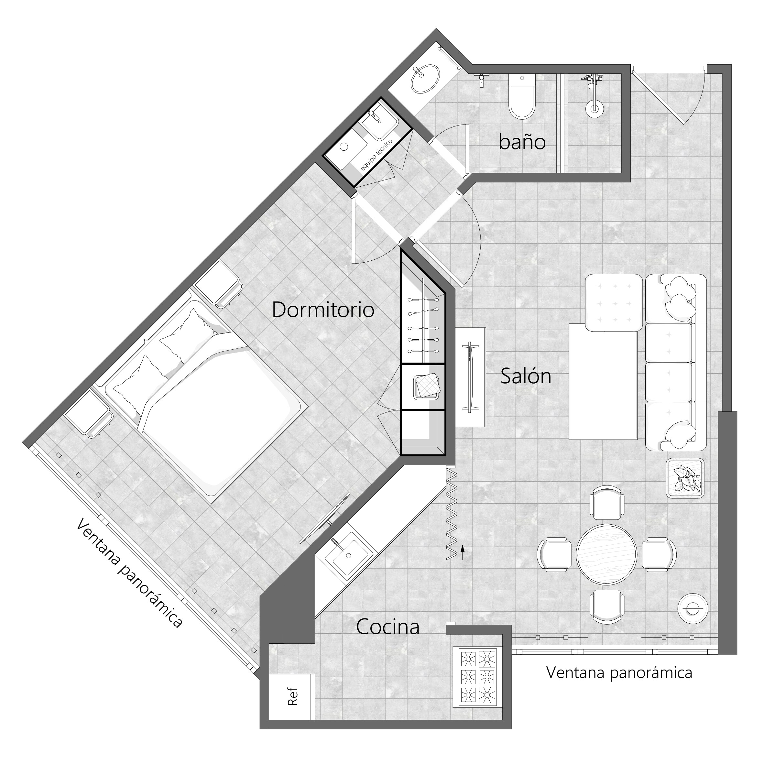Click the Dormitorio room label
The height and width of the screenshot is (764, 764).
click(323, 310)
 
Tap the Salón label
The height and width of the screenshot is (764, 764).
click(526, 376)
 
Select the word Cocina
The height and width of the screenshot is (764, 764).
click(387, 627)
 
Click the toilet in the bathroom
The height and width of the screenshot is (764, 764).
click(522, 96)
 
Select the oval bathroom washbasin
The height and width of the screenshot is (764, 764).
click(425, 79)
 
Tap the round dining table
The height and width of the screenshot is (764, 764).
click(606, 554)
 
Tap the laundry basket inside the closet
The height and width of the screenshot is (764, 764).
click(427, 386)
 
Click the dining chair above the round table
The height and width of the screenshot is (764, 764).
click(607, 502)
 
